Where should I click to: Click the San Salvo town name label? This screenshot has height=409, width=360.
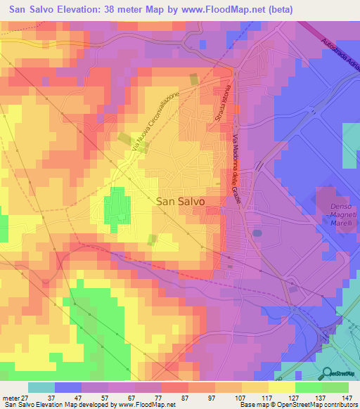(x=179, y=200)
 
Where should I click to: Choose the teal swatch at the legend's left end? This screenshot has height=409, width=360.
(x=41, y=387)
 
